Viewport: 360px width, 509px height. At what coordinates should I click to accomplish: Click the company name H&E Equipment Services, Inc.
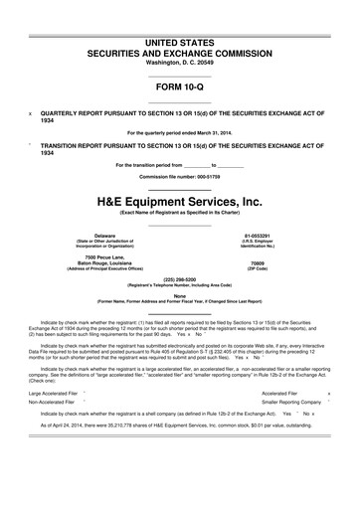click(180, 200)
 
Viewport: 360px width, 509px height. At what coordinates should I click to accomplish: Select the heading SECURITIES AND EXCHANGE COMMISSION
click(180, 23)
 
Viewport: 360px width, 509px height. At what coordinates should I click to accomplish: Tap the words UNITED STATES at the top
click(180, 11)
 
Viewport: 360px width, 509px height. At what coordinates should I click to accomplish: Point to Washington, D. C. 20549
click(180, 35)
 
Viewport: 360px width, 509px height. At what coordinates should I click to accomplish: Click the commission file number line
click(180, 175)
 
